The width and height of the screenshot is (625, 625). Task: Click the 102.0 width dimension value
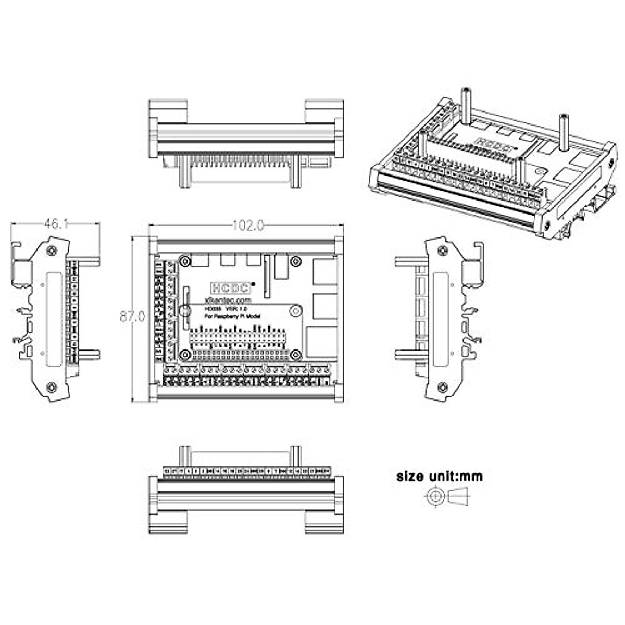pyautogui.click(x=248, y=226)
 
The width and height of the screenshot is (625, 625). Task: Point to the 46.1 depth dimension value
pyautogui.click(x=57, y=224)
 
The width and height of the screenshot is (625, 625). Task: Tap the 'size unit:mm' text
pyautogui.click(x=440, y=476)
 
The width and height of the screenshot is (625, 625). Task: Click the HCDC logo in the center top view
pyautogui.click(x=230, y=287)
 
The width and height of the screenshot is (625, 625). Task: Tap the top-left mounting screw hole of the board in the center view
pyautogui.click(x=185, y=261)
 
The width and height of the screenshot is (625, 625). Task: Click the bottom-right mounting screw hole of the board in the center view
pyautogui.click(x=296, y=355)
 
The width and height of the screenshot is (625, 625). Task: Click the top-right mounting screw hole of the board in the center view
pyautogui.click(x=296, y=261)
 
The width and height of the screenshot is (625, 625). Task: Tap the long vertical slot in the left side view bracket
pyautogui.click(x=52, y=319)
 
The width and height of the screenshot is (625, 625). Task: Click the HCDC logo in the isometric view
pyautogui.click(x=488, y=140)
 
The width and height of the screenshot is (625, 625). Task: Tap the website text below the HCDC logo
pyautogui.click(x=229, y=301)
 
